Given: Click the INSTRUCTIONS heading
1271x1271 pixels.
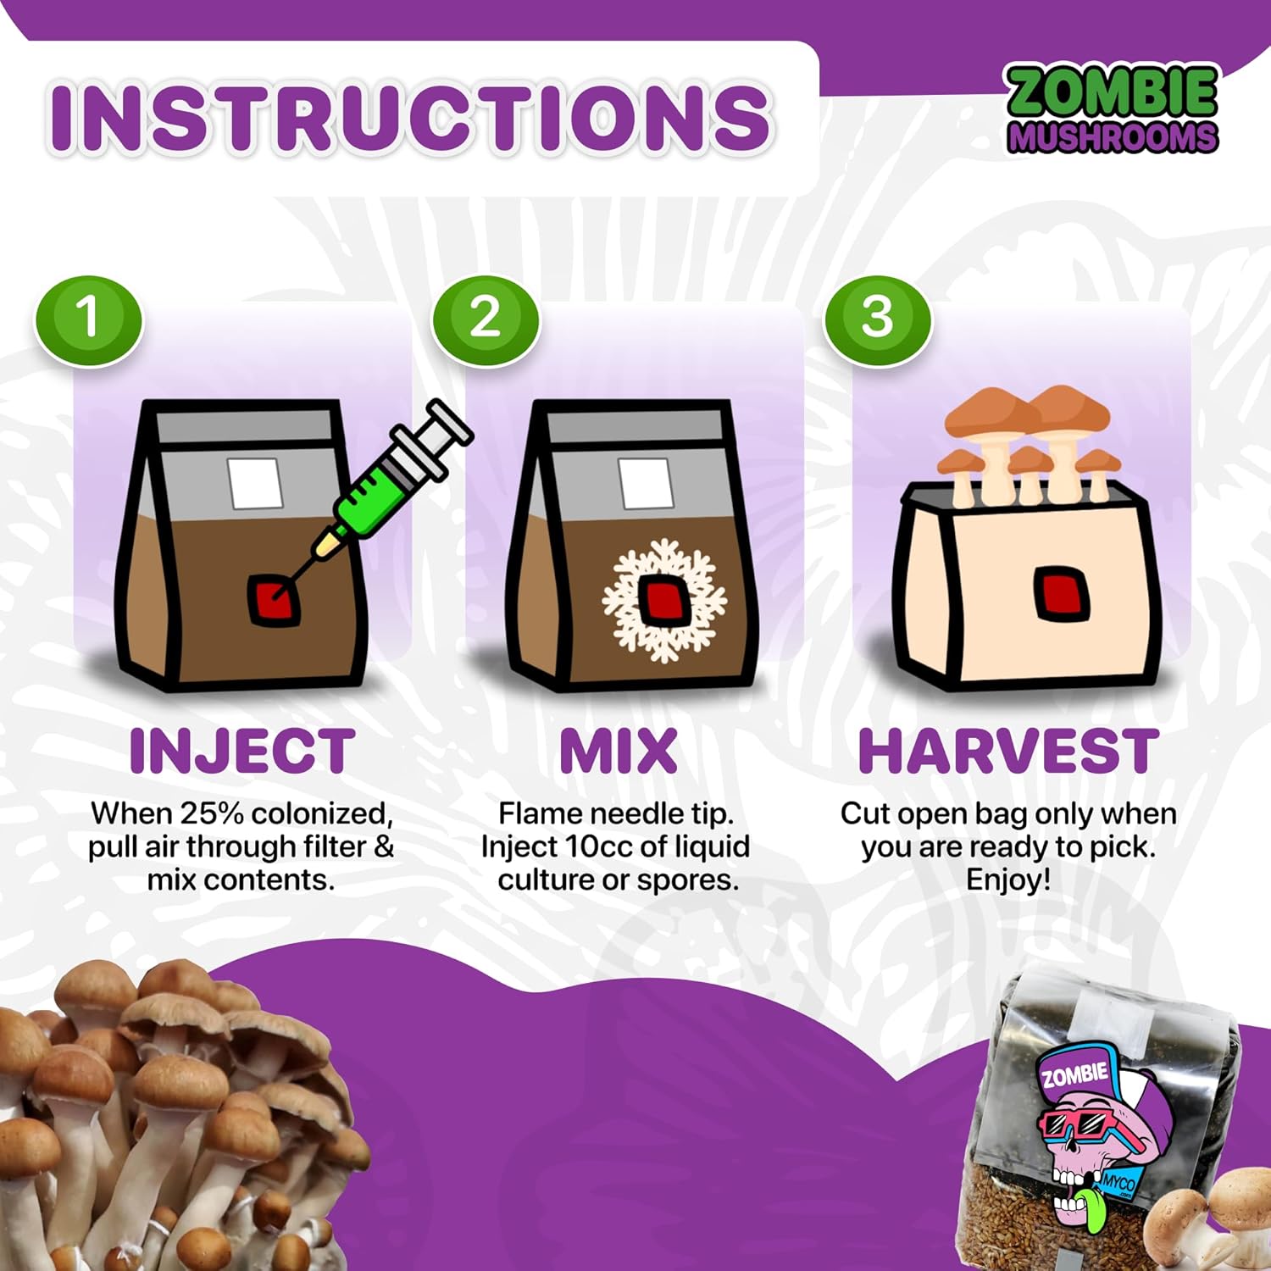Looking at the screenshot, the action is pyautogui.click(x=410, y=117).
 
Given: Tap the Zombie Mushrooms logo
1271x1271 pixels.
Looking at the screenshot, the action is pyautogui.click(x=1113, y=110).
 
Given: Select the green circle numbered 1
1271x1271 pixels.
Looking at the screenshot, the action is pyautogui.click(x=88, y=319).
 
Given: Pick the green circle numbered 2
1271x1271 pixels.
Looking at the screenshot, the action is pyautogui.click(x=486, y=319).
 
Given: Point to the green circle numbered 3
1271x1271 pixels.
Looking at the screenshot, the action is pyautogui.click(x=878, y=319).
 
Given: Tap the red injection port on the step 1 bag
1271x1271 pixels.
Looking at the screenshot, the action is pyautogui.click(x=270, y=600).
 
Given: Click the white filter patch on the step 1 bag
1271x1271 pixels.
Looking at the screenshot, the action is pyautogui.click(x=254, y=483).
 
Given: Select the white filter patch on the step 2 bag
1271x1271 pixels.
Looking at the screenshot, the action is pyautogui.click(x=646, y=483).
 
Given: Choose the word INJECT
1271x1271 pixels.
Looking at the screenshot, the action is pyautogui.click(x=242, y=751).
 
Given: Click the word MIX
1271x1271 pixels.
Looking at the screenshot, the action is pyautogui.click(x=619, y=751).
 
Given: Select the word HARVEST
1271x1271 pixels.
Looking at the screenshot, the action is pyautogui.click(x=1008, y=751).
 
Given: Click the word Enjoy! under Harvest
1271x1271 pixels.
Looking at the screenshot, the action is pyautogui.click(x=1008, y=880).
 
